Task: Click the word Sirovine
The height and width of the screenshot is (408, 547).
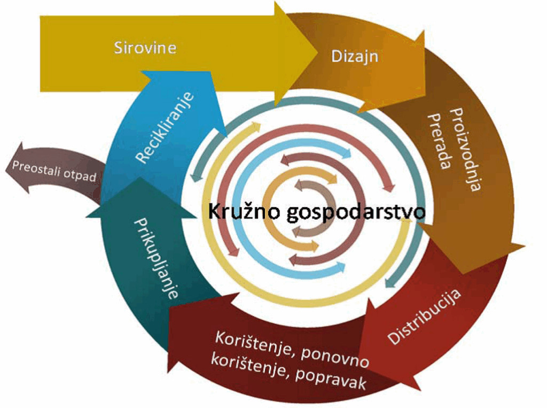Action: click(x=145, y=48)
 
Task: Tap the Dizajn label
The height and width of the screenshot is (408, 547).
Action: click(x=355, y=56)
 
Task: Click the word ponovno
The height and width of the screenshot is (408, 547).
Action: click(x=335, y=356)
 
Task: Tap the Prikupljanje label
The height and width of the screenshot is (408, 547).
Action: click(x=156, y=258)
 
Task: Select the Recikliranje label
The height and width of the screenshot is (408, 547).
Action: click(x=165, y=127)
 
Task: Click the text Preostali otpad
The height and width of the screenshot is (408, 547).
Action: click(x=54, y=171)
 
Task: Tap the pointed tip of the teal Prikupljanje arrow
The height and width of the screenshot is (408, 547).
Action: click(x=139, y=177)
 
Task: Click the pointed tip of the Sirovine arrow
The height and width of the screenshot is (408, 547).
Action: click(x=318, y=53)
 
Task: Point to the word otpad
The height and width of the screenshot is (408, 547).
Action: click(x=80, y=175)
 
